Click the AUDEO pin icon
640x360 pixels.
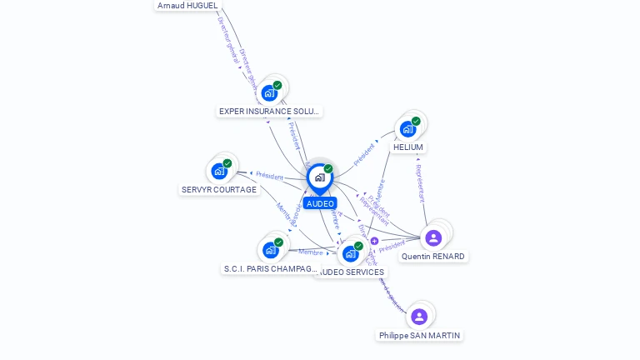click(x=319, y=177)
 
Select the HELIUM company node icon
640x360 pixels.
click(x=407, y=129)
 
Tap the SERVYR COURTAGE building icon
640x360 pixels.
click(x=219, y=172)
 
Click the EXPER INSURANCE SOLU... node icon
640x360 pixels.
click(x=269, y=92)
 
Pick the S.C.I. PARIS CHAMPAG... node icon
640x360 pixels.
click(x=270, y=250)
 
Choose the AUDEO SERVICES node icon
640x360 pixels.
click(x=351, y=253)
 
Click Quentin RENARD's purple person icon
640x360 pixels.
click(x=433, y=238)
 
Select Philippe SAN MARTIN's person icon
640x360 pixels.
click(x=419, y=317)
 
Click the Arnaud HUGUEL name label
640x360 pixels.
click(x=187, y=5)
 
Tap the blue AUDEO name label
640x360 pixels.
click(x=320, y=203)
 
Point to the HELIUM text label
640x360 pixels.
click(x=408, y=147)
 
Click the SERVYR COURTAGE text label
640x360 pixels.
click(x=219, y=190)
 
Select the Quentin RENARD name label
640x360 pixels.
click(x=433, y=257)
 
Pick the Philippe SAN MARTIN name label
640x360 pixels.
click(x=419, y=335)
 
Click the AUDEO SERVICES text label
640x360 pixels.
click(x=352, y=272)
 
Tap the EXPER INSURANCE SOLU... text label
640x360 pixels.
click(x=269, y=111)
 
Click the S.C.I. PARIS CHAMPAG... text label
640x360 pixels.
click(x=271, y=268)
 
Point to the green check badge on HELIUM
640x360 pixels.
click(x=416, y=122)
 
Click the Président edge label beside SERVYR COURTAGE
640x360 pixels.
click(x=269, y=175)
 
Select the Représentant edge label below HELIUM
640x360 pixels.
click(x=420, y=183)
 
